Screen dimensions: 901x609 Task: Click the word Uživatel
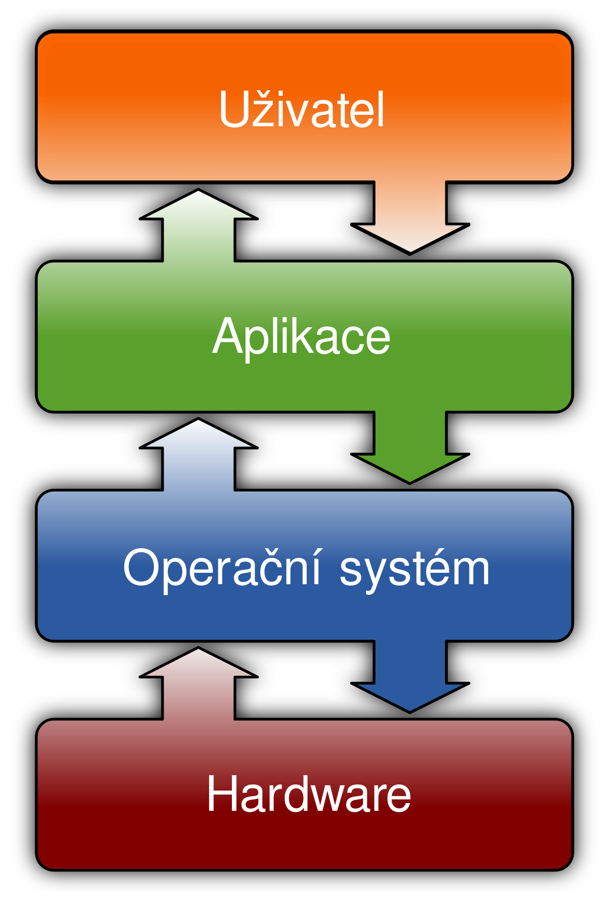click(302, 110)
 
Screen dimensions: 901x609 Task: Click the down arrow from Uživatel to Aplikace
click(410, 216)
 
